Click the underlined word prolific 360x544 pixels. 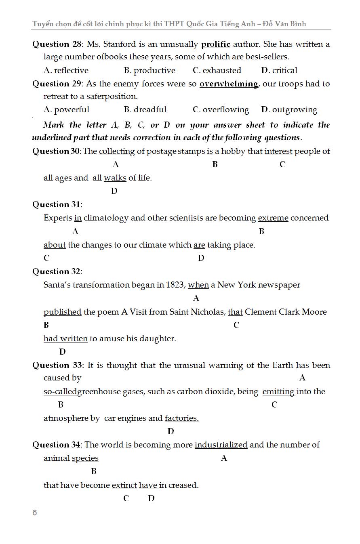pos(215,44)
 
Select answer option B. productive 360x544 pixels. pos(149,70)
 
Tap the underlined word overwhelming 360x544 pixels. pos(229,84)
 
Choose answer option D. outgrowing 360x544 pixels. pos(289,110)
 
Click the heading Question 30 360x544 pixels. pos(56,151)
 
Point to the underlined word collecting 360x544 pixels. pos(117,151)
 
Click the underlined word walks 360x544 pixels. pos(115,178)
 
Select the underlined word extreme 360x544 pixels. pos(273,218)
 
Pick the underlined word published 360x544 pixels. pos(63,312)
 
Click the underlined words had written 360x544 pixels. pos(65,339)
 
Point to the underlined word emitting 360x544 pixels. pos(278,392)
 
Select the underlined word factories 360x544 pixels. pos(181,418)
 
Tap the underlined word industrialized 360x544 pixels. pos(221,445)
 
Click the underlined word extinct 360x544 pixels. pos(124,485)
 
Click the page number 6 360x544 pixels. pos(35,513)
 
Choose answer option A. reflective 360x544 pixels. pos(66,70)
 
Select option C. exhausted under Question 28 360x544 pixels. pos(217,70)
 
